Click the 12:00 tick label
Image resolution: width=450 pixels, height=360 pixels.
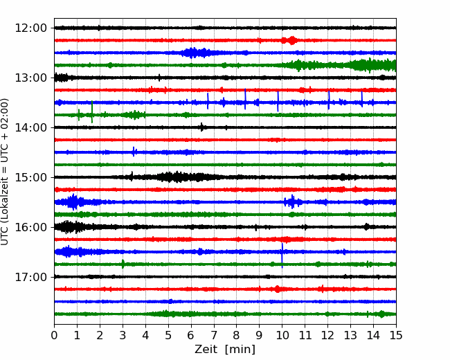(30, 28)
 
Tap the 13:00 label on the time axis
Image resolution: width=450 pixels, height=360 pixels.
(30, 78)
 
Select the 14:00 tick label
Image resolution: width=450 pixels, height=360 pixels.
(30, 127)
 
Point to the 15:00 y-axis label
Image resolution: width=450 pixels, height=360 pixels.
(30, 177)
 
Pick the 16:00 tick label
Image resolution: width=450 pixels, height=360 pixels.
(30, 227)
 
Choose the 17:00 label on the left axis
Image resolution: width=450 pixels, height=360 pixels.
(30, 277)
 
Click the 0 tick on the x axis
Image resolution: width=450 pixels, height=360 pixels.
(54, 335)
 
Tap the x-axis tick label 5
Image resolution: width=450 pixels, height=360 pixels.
(168, 335)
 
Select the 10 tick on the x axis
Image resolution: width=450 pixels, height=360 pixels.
(282, 335)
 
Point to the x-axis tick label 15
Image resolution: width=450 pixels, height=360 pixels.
(396, 335)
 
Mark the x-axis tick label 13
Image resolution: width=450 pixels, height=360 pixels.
(350, 335)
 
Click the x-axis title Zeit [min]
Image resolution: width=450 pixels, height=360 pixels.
(225, 350)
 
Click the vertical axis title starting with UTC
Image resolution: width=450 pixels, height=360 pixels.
(4, 172)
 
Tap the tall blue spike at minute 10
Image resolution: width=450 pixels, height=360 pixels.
(282, 255)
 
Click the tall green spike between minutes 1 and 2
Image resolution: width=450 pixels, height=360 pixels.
(92, 111)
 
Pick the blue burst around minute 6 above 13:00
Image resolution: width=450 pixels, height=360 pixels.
(195, 53)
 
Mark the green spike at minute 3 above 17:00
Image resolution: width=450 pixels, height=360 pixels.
(123, 264)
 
